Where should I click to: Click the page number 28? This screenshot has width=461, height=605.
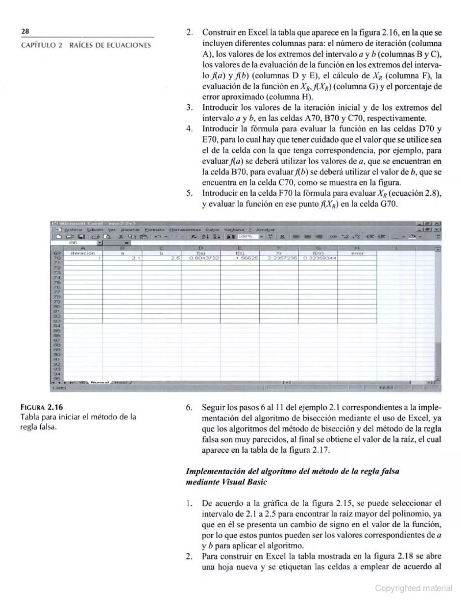25,31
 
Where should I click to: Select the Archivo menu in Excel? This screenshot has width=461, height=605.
73,230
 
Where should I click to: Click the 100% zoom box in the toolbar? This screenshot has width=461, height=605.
248,237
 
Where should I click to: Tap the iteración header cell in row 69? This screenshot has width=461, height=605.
83,253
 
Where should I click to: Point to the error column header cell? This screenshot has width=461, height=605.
357,253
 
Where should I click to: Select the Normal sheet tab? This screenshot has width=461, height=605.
100,382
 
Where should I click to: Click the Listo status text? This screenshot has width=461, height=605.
59,388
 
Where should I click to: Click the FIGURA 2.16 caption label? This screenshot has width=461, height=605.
41,407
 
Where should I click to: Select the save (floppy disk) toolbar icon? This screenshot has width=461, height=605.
81,237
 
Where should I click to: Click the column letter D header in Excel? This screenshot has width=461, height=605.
201,248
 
